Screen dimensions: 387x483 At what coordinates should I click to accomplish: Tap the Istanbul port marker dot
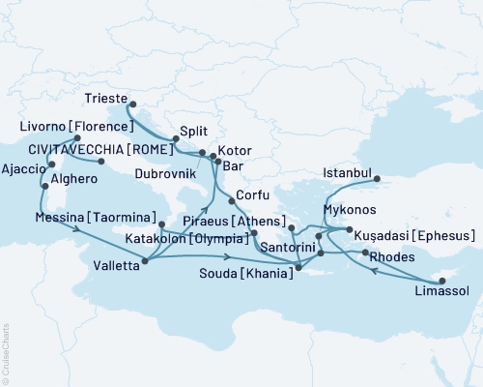[378, 178]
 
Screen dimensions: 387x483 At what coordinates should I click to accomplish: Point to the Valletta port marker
[145, 259]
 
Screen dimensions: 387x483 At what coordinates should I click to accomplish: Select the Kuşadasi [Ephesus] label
[415, 236]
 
